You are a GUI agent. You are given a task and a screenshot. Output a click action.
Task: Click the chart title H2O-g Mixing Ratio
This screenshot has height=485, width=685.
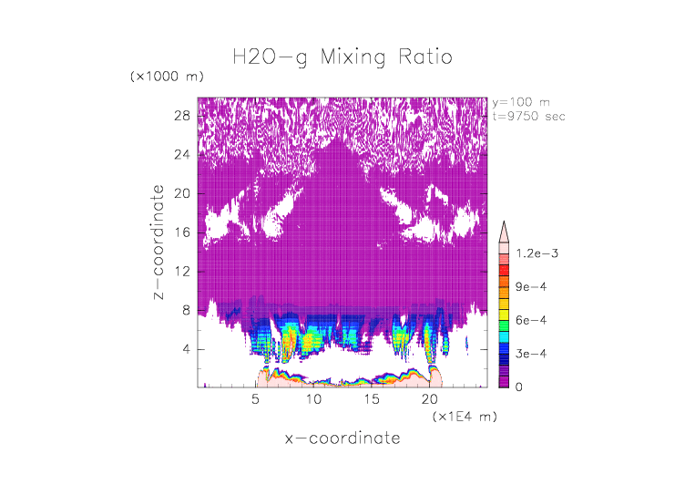pos(342,58)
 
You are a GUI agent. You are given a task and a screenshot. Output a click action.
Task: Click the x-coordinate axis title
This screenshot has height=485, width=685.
pos(342,439)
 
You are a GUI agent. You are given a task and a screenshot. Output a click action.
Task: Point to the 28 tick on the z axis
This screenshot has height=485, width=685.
pos(181,116)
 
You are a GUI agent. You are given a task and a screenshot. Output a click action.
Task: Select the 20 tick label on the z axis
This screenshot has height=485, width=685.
pos(181,193)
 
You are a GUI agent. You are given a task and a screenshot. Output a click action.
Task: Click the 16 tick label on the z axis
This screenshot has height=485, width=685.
pos(181,232)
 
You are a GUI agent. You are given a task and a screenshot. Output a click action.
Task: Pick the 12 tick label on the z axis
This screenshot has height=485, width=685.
pos(181,272)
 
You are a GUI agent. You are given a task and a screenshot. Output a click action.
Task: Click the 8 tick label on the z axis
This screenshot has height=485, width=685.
pos(186,310)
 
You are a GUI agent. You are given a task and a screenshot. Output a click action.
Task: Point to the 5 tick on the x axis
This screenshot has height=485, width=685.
pos(256,399)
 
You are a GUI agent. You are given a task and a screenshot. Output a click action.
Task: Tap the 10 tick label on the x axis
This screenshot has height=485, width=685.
pos(313,399)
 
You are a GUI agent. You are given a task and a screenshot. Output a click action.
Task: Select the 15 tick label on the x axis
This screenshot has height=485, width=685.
pos(371,399)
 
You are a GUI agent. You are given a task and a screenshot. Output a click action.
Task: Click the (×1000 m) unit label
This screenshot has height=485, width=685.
pos(167,76)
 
